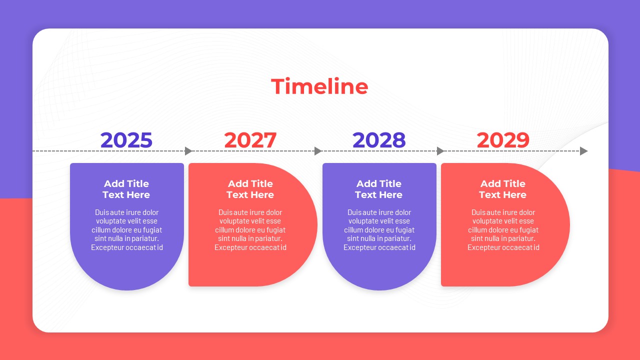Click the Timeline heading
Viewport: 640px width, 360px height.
click(x=319, y=86)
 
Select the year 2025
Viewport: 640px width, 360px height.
click(x=126, y=140)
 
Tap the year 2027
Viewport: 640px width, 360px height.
click(x=250, y=140)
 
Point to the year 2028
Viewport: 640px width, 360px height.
click(x=379, y=140)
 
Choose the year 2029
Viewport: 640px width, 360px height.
click(x=503, y=140)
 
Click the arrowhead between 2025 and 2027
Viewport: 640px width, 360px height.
click(x=188, y=151)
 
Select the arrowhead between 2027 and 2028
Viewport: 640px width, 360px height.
click(x=318, y=151)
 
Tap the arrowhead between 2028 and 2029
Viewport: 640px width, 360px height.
click(x=440, y=151)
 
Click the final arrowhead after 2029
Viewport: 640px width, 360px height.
click(x=583, y=151)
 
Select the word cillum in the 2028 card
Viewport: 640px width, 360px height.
click(x=353, y=229)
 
